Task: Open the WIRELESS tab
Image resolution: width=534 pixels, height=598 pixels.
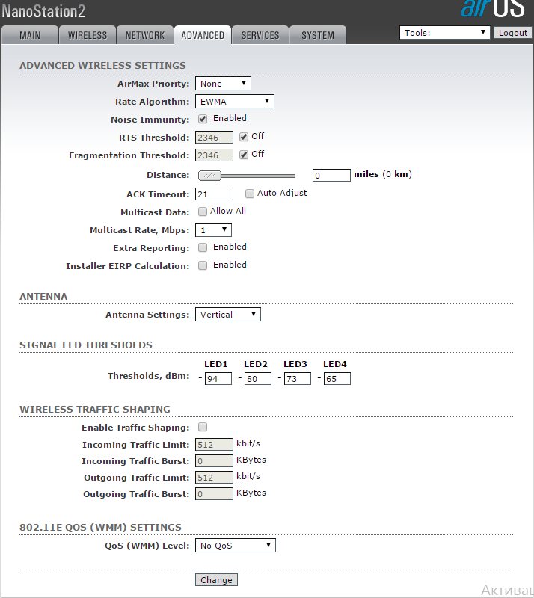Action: (x=88, y=35)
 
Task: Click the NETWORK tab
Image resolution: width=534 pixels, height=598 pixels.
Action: (x=145, y=35)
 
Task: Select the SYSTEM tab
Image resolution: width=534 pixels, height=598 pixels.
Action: (x=318, y=35)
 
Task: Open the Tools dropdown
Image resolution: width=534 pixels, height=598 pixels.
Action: (x=445, y=33)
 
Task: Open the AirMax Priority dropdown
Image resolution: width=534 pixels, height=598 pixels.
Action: (x=223, y=84)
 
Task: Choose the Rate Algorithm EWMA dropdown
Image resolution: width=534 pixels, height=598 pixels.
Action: (x=235, y=102)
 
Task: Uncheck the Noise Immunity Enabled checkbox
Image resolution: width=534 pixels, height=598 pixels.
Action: (x=203, y=119)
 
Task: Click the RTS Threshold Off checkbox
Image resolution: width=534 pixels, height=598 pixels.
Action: (x=244, y=137)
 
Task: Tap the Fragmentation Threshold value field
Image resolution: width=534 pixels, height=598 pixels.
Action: (x=214, y=155)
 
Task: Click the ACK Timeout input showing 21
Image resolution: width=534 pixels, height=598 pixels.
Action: (x=214, y=194)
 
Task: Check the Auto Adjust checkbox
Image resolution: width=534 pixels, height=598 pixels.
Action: (x=250, y=194)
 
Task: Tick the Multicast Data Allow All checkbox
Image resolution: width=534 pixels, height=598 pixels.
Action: (x=203, y=212)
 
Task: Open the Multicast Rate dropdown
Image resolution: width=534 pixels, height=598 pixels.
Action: (x=213, y=230)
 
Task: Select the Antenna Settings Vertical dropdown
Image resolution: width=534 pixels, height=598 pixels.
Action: (x=228, y=315)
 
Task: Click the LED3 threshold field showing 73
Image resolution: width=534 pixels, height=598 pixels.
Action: (x=297, y=379)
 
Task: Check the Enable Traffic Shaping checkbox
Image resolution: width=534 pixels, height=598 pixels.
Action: (x=203, y=428)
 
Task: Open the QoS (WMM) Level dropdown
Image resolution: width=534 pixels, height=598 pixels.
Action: (x=236, y=546)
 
